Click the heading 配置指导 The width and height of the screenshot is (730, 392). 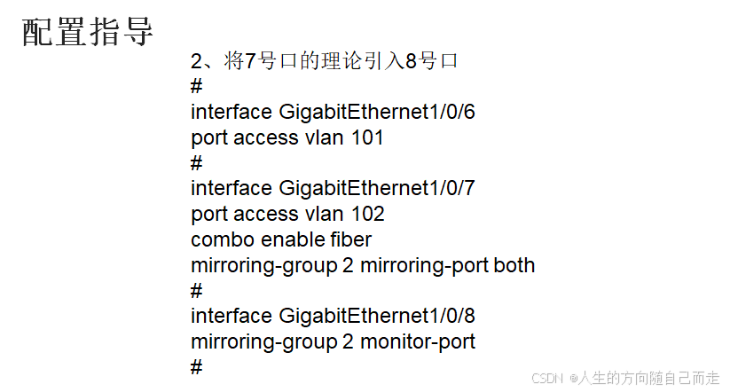[x=88, y=32]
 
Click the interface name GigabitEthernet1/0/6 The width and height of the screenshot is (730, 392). [x=377, y=113]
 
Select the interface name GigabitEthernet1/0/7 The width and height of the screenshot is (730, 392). [x=377, y=189]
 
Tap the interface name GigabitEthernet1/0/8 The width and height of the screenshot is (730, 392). [x=377, y=317]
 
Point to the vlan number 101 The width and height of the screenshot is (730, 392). [x=367, y=138]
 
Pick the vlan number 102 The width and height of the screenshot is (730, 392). [x=367, y=215]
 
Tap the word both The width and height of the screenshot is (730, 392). [x=514, y=266]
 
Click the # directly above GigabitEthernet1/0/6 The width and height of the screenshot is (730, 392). [x=197, y=87]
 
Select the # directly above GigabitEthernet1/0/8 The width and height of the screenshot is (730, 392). [x=197, y=291]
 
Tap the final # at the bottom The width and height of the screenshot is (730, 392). [x=197, y=367]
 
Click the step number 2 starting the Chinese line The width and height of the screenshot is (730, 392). [x=197, y=61]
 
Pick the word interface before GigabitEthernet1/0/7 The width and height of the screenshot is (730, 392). [x=231, y=189]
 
